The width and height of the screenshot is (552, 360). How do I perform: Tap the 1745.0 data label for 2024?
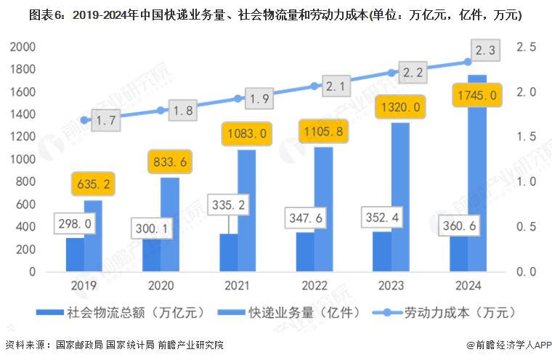coord(476,94)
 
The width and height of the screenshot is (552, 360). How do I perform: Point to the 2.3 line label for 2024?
coord(484,50)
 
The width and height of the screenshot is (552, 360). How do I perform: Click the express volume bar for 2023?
coord(400,196)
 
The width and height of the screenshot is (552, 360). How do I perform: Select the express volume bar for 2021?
coord(247,210)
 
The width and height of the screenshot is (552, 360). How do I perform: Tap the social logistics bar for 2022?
coord(305,252)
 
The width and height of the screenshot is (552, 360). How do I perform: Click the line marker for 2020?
coord(161,110)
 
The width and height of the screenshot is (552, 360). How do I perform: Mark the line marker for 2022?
coord(314,86)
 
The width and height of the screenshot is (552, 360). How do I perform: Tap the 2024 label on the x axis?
coord(467,287)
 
